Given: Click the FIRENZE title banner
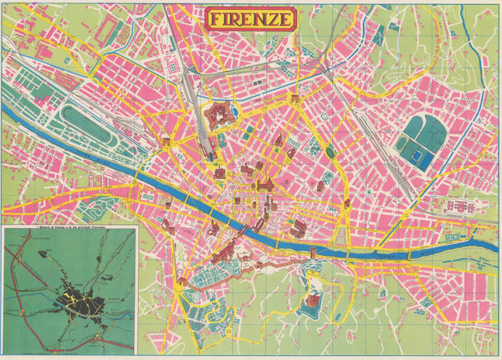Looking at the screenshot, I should [x=250, y=18].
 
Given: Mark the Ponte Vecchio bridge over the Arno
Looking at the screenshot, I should [x=242, y=224].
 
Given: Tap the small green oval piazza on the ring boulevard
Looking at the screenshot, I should [x=330, y=152].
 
